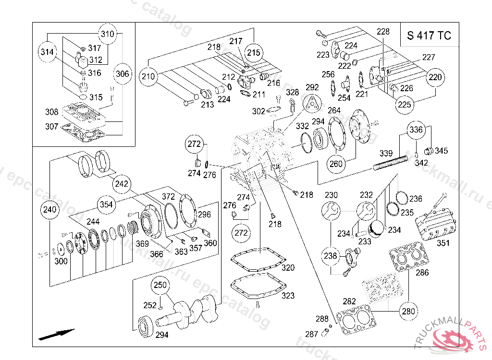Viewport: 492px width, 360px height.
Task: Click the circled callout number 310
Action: click(x=108, y=34)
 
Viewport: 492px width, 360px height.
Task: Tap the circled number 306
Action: click(x=123, y=74)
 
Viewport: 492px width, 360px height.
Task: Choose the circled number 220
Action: click(x=435, y=77)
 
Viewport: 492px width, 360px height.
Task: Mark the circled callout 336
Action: click(x=416, y=130)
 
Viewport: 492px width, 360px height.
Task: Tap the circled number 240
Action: click(x=49, y=210)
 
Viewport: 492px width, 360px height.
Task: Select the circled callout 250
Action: click(x=160, y=286)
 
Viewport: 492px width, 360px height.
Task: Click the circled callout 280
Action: click(x=408, y=311)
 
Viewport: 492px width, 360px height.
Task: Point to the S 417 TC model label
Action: click(x=429, y=36)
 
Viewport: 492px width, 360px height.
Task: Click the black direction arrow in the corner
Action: click(x=57, y=334)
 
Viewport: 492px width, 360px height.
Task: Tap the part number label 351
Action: click(x=443, y=243)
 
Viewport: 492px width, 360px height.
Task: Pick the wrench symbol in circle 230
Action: click(x=331, y=210)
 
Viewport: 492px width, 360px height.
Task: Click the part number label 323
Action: click(x=288, y=296)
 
